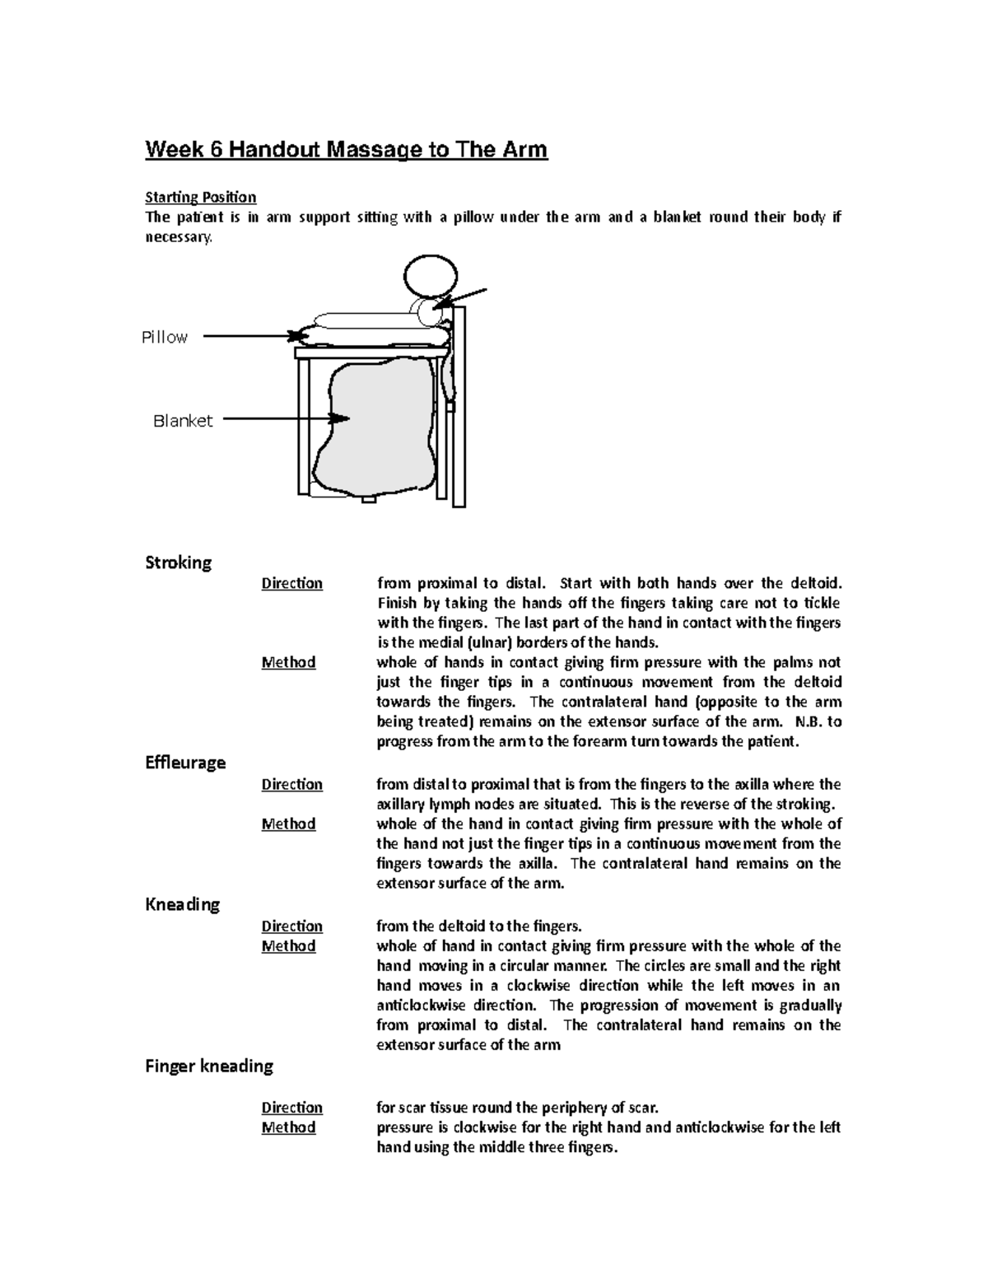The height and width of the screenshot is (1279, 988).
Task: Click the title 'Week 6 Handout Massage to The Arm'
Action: (x=346, y=150)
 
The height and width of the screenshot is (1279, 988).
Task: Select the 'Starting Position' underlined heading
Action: (x=200, y=197)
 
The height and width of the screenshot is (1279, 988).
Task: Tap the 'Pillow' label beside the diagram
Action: (x=165, y=337)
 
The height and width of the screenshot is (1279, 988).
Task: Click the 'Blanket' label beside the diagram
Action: (x=183, y=421)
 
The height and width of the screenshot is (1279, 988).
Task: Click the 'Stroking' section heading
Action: (x=178, y=562)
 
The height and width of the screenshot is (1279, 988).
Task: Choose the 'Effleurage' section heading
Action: (x=185, y=763)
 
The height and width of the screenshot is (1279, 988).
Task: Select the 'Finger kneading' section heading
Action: (x=209, y=1066)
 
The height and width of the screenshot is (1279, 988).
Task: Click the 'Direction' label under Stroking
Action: (x=291, y=583)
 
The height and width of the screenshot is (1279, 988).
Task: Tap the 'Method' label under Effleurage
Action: (x=288, y=824)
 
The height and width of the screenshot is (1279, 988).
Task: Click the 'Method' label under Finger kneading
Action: (x=288, y=1127)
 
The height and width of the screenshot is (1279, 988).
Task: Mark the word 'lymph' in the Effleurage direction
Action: (x=443, y=804)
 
